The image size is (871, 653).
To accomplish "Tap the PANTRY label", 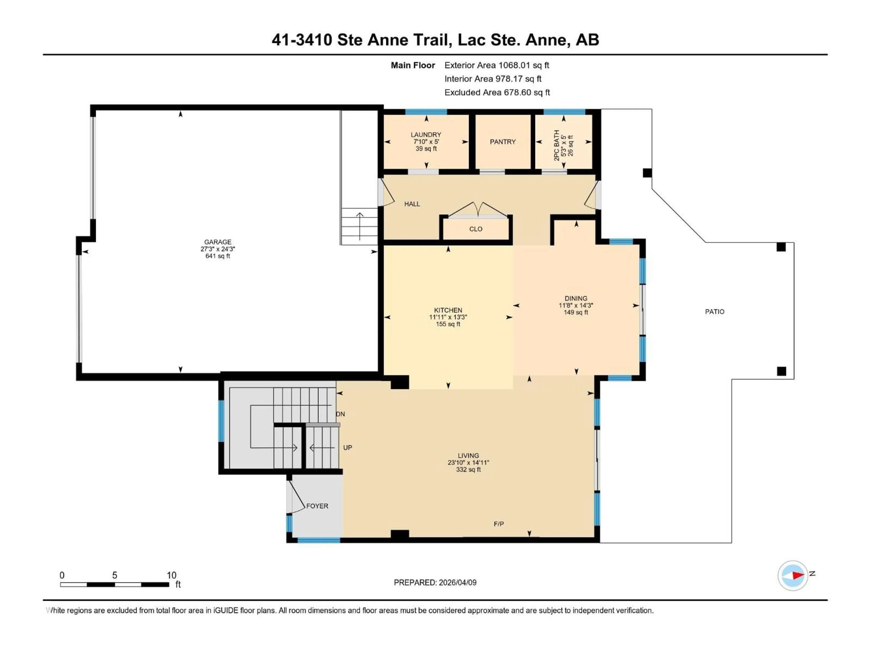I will tap(502, 142).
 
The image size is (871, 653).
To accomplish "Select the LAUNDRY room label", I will tap(426, 135).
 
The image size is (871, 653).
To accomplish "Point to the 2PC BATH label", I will tap(556, 145).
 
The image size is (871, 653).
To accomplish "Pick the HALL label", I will tap(412, 204).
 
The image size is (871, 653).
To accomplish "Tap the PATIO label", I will tap(714, 312).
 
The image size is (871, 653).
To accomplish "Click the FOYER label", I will tap(317, 506).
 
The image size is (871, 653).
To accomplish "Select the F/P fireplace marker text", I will tap(499, 524).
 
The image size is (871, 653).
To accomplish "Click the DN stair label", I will tap(340, 414).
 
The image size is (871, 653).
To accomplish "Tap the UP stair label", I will tap(347, 448).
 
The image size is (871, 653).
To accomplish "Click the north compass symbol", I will tap(793, 575).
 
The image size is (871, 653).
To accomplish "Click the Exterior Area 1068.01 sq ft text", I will tap(497, 65).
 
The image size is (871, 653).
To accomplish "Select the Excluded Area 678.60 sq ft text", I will tap(497, 93).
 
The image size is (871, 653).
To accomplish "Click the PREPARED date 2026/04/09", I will tap(435, 582).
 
